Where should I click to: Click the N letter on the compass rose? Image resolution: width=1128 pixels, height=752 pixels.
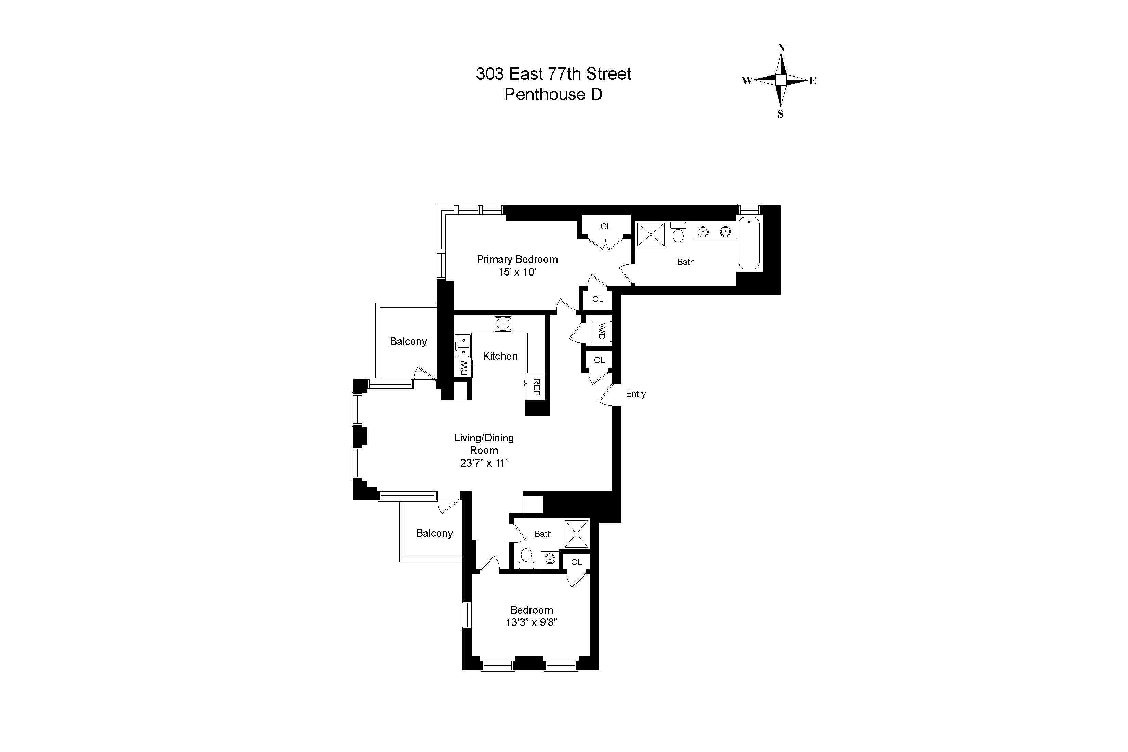781,48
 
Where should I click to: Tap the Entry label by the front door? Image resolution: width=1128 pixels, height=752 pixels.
635,394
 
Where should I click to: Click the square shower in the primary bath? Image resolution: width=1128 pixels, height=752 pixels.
651,234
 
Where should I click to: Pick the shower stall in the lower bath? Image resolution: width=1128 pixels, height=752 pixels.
576,533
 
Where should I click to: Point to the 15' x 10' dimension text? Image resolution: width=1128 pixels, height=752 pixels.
517,272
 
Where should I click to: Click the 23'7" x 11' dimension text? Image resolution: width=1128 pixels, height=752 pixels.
484,463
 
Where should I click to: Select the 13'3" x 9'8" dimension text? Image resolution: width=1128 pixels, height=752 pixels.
532,622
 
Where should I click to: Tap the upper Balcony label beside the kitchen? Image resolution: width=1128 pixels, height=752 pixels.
408,341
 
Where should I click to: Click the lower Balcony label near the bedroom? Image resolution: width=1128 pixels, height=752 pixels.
434,533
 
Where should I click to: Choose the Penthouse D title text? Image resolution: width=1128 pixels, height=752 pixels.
553,94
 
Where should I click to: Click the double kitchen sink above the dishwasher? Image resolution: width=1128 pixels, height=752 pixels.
463,346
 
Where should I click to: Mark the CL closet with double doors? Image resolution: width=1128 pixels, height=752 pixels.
606,226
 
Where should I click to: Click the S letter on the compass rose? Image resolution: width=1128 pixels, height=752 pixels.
781,114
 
